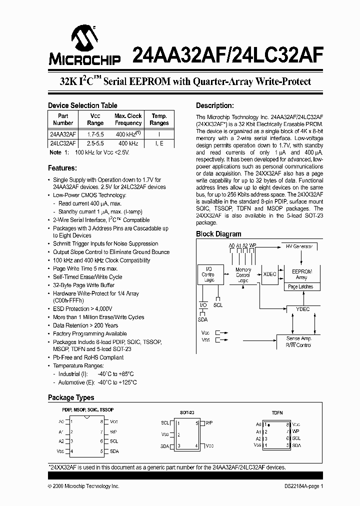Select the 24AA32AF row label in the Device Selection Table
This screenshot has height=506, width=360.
coord(62,134)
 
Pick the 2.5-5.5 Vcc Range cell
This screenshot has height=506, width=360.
coord(95,143)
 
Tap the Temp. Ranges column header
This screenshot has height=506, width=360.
coord(159,119)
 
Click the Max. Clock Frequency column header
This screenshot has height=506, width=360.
coord(128,119)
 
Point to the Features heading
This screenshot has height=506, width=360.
coord(62,168)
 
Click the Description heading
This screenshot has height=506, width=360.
coord(214,106)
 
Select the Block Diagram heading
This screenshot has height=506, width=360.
coord(218,234)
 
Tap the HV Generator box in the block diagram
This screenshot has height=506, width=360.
coord(299,247)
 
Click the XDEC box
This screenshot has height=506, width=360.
coord(269,274)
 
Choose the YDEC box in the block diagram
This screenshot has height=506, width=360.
coord(302,309)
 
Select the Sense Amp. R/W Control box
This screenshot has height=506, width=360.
coord(298,342)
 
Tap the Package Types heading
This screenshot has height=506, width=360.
coord(71,397)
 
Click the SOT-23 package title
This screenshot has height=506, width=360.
coord(187,412)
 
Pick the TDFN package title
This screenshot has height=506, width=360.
coord(277,413)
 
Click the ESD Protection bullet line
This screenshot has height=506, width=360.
coord(83,309)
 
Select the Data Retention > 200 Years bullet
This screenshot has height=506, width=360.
coord(85,325)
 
